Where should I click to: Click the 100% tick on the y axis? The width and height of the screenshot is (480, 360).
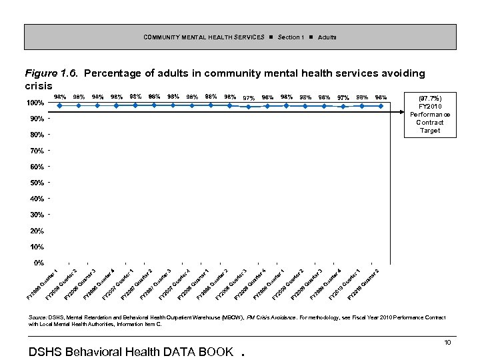35,103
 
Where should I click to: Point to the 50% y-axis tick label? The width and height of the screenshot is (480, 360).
37,183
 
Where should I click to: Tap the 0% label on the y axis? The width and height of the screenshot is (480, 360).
39,263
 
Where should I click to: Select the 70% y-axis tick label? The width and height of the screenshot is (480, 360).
37,151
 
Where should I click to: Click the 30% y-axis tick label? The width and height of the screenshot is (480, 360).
37,215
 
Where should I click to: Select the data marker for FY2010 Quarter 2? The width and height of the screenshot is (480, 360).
381,105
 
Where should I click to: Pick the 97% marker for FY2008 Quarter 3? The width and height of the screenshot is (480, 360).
249,106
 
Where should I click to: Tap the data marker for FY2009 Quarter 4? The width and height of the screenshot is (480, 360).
343,106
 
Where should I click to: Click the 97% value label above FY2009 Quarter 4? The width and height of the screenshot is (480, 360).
343,98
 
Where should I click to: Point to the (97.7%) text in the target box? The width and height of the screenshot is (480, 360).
430,98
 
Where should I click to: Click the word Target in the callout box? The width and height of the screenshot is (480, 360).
430,131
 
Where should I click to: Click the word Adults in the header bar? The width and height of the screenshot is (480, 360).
327,36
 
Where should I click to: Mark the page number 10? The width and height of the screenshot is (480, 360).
448,342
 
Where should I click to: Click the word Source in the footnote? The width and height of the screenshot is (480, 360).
39,317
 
